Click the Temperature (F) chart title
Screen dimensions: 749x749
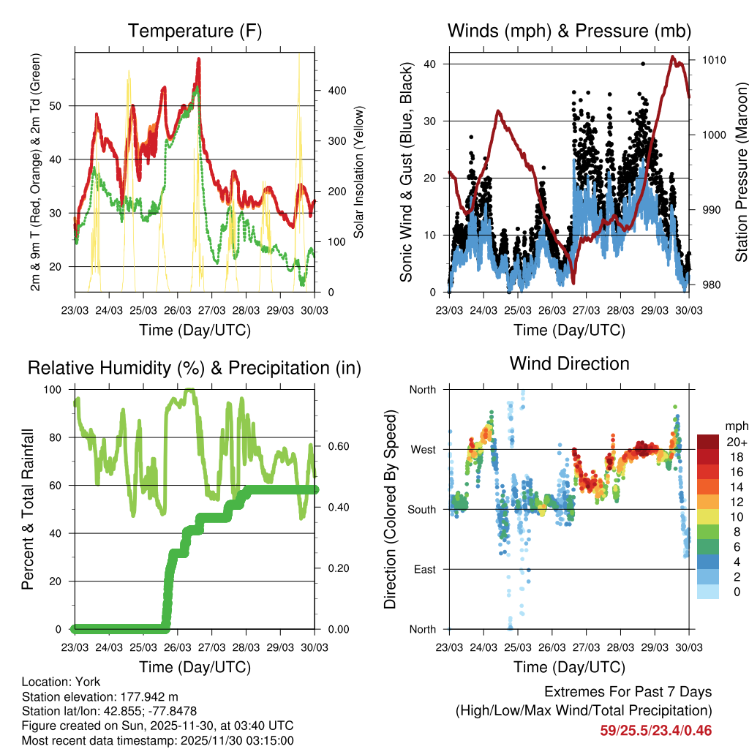point(195,31)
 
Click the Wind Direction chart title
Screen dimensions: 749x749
point(569,363)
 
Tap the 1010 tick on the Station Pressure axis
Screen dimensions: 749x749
point(714,60)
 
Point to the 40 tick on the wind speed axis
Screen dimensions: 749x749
point(430,64)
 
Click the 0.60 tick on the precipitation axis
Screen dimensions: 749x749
point(336,446)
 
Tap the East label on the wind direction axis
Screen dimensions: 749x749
point(424,570)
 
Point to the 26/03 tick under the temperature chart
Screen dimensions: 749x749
point(178,310)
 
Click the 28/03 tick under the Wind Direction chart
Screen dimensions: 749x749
point(620,647)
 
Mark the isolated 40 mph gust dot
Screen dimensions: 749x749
point(643,64)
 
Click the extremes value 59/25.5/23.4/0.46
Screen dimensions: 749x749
point(655,731)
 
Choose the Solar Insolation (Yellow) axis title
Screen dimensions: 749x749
point(359,173)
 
